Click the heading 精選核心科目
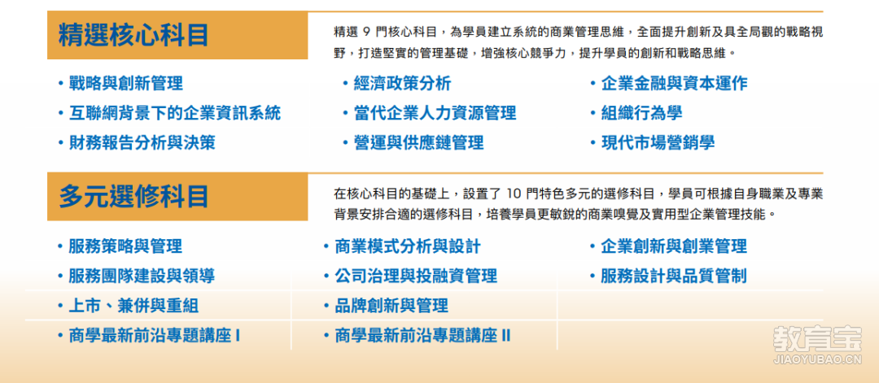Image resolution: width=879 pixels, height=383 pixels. point(134,35)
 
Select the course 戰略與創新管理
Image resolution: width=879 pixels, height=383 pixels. point(126,84)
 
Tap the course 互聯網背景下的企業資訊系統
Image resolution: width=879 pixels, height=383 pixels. point(175,113)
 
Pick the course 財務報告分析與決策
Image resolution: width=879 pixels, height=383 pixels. point(142,142)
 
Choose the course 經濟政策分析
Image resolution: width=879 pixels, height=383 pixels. point(403,84)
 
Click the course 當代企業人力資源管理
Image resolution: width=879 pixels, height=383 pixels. point(435,113)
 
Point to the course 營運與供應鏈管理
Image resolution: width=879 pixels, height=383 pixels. point(419,142)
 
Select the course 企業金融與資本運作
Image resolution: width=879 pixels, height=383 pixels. point(675,84)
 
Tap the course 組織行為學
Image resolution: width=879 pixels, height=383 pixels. point(642,113)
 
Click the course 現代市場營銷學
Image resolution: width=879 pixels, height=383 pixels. point(658,142)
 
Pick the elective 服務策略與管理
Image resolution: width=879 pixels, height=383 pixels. point(125,246)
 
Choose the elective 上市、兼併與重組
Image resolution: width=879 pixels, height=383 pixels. point(133,306)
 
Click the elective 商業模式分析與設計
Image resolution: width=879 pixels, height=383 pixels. point(408,246)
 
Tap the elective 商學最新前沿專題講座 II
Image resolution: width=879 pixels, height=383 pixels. point(422,336)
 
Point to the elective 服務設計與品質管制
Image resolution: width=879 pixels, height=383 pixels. point(674,276)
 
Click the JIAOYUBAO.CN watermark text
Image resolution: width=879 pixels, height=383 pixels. point(817,360)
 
